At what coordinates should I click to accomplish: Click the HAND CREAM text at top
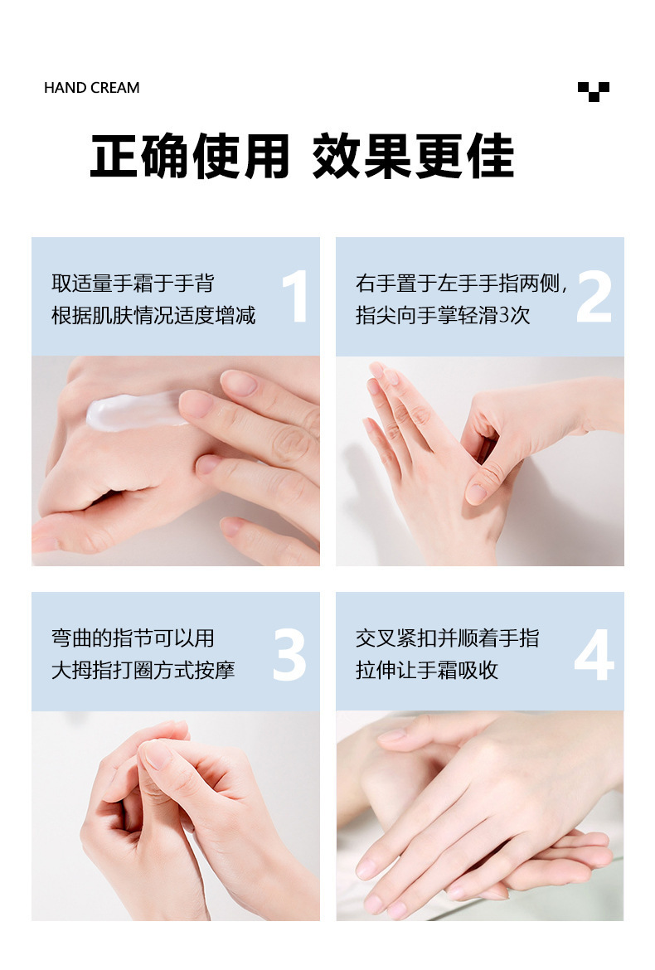click(x=91, y=88)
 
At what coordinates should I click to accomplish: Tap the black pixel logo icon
click(x=593, y=91)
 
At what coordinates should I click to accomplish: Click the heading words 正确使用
click(x=189, y=156)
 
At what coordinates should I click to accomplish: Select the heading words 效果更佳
click(x=413, y=156)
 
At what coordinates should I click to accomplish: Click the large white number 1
click(x=295, y=297)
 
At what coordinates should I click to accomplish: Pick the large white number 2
click(x=594, y=297)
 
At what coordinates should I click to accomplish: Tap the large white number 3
click(x=289, y=655)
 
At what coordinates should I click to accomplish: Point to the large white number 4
click(x=594, y=655)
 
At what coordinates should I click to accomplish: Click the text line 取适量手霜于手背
click(x=133, y=284)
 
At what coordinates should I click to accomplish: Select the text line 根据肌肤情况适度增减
click(x=153, y=316)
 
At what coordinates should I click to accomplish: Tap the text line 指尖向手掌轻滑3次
click(x=443, y=316)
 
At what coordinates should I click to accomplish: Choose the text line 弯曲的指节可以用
click(x=133, y=638)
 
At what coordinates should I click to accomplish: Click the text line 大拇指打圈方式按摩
click(x=143, y=670)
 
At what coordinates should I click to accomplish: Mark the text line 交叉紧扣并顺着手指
click(x=447, y=638)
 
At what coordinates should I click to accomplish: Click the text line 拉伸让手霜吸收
click(x=427, y=670)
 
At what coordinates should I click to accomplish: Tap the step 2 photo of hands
click(x=479, y=461)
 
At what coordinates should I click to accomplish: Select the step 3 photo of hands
click(x=175, y=816)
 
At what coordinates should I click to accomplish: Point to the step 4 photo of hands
click(x=479, y=816)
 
